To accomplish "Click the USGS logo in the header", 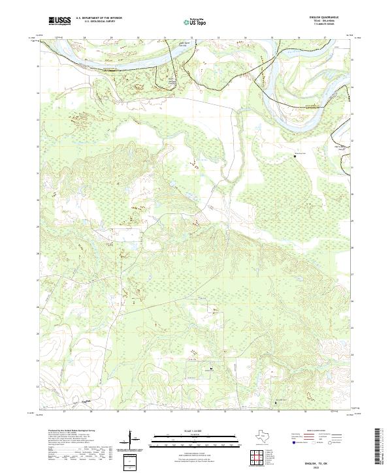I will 59,21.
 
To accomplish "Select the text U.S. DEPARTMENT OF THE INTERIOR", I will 99,18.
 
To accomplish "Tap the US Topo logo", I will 196,21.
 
